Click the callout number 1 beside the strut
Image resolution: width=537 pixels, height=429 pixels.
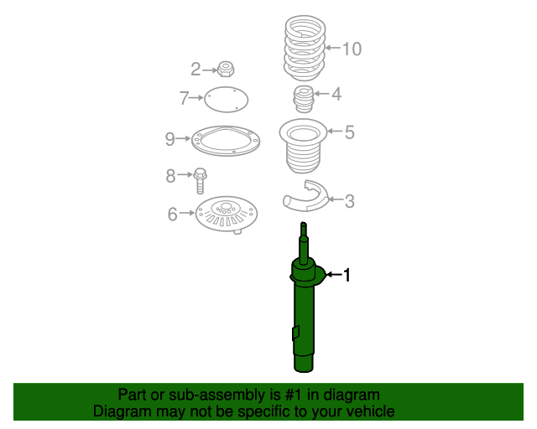click(347, 274)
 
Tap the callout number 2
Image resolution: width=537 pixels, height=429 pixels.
click(196, 69)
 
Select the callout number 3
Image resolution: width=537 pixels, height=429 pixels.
click(349, 200)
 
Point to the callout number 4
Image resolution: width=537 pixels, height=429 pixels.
click(336, 94)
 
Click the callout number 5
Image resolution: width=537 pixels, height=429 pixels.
click(349, 132)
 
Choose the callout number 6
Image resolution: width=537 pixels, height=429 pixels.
click(172, 214)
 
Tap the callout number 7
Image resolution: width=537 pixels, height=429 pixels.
click(185, 99)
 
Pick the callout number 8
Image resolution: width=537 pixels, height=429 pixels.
click(170, 175)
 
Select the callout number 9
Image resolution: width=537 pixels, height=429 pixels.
click(169, 138)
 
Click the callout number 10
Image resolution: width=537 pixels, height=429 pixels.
click(351, 49)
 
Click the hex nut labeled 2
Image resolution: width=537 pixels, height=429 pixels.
click(225, 68)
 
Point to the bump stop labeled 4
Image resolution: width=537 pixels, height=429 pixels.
click(302, 101)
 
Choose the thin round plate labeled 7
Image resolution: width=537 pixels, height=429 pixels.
click(227, 101)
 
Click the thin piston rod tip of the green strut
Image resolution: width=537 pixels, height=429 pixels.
click(304, 231)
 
